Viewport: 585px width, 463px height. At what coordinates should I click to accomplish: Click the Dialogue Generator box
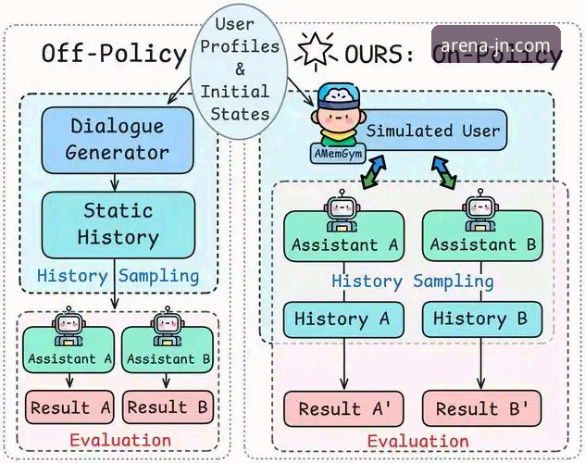tap(117, 139)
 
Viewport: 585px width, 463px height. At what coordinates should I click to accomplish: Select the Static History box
tap(117, 223)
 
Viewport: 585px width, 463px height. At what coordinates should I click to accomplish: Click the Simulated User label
tap(432, 131)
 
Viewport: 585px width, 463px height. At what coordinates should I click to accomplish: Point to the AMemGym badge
tap(334, 152)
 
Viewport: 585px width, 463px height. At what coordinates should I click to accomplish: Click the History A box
tap(343, 319)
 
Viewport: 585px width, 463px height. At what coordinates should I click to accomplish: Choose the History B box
tap(480, 319)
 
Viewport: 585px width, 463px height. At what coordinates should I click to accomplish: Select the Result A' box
tap(342, 408)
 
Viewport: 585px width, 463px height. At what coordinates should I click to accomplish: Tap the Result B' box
tap(481, 408)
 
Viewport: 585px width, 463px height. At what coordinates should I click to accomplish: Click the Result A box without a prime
tap(68, 407)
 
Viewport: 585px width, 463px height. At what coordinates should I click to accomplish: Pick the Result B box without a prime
tap(169, 407)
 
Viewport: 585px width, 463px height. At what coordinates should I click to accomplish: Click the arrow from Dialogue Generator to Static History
tap(117, 181)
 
